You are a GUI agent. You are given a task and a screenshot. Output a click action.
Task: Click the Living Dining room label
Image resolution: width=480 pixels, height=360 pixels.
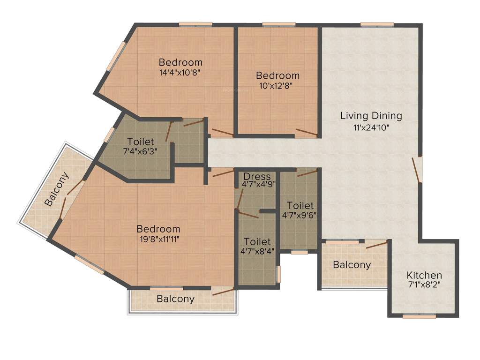click(371, 115)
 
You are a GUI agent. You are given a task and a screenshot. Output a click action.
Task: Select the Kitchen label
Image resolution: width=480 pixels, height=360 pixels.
click(424, 275)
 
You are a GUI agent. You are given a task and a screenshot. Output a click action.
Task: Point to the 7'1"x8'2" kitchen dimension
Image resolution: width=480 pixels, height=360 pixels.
click(424, 285)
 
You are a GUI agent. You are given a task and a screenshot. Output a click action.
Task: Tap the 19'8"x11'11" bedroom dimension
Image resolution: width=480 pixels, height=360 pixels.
click(158, 239)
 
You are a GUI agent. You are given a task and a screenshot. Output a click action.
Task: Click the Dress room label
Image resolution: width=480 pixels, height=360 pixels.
click(257, 176)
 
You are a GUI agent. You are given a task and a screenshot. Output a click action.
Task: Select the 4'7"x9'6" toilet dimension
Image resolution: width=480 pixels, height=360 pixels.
click(300, 216)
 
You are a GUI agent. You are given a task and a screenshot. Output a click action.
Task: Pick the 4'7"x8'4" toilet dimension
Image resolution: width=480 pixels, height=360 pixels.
click(257, 251)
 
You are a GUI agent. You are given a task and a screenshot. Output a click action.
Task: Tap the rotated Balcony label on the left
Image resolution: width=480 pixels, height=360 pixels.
click(57, 189)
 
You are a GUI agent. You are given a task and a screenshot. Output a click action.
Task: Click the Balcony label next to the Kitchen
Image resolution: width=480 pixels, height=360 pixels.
click(352, 265)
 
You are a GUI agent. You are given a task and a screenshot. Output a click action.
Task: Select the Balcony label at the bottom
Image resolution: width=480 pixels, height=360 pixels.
click(175, 299)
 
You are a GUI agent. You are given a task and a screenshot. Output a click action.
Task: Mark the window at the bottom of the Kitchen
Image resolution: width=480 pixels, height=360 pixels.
click(419, 316)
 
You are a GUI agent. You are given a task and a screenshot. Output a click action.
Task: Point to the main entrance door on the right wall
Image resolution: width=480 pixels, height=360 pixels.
click(417, 170)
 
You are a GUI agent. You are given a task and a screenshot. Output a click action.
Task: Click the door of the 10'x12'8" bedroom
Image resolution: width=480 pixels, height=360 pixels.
click(307, 133)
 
